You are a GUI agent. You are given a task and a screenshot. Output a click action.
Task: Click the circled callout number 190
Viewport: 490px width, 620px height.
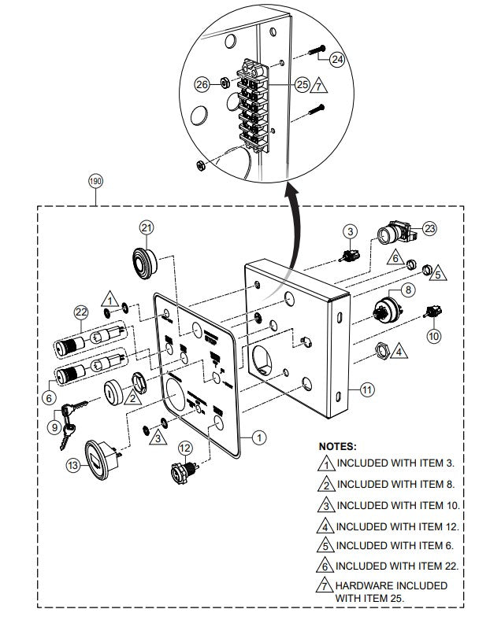coord(95,180)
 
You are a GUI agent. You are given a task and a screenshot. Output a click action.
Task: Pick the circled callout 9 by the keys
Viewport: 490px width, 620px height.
coord(54,426)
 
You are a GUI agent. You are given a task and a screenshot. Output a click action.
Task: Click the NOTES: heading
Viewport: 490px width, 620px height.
coord(338,445)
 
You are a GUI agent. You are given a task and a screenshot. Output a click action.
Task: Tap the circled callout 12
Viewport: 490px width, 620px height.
coord(184,448)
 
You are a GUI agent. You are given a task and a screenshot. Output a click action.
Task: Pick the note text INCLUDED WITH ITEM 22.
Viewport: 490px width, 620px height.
coord(398,565)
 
